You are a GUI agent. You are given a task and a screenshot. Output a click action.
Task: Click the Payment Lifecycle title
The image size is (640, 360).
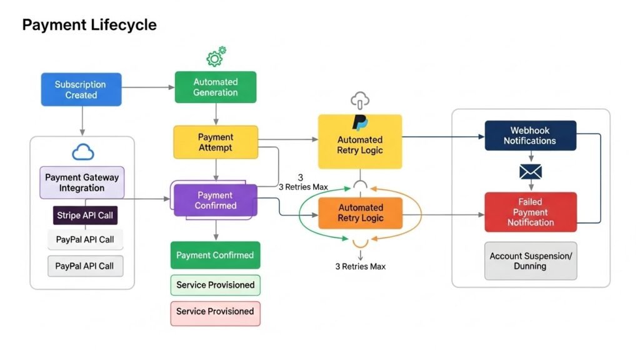pos(89,25)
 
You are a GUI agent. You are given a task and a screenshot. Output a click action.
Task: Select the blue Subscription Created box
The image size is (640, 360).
pos(81,89)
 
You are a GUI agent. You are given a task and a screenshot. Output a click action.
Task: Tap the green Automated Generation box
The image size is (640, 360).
pos(216,87)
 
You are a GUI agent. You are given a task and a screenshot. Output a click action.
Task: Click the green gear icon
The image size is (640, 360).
pos(216,57)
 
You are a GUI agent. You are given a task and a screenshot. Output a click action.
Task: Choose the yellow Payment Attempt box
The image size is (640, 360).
pos(216,142)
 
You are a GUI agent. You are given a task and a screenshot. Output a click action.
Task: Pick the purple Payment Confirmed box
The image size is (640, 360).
pos(216,200)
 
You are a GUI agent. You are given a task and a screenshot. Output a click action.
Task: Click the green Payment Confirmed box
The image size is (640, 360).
pos(216,255)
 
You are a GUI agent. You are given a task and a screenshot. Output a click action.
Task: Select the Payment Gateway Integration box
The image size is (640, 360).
pos(82,182)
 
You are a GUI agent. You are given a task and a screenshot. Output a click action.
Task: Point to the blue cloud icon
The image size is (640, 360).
pos(82,152)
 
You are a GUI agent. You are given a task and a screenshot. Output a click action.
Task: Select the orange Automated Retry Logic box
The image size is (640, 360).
pos(360,212)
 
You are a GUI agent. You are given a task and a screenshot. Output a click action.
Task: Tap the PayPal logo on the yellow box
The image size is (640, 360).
pos(359,122)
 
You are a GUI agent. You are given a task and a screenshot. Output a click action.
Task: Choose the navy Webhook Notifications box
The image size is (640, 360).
pos(530,136)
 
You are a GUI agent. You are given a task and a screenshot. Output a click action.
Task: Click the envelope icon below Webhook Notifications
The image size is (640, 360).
pos(530,172)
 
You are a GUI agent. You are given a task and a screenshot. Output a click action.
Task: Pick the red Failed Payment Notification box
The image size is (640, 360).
pos(530,212)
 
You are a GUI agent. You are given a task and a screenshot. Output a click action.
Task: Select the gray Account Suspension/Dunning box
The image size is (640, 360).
pos(530,261)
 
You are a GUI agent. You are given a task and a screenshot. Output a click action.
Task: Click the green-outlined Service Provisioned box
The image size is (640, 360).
pos(216,285)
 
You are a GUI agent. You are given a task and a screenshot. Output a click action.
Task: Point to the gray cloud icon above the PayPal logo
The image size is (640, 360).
pos(360,99)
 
